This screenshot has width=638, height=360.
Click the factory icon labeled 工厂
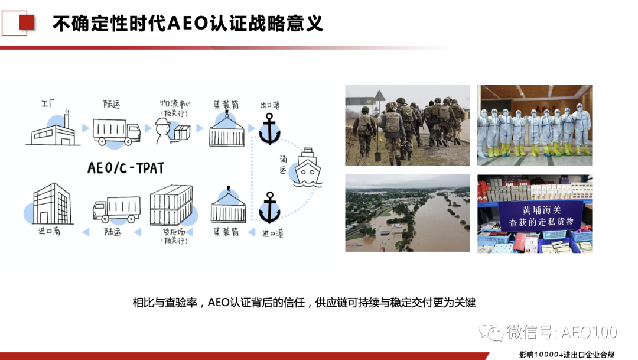point(51,129)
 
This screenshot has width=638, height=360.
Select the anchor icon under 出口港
point(270,129)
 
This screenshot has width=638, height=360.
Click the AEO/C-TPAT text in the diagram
point(125,168)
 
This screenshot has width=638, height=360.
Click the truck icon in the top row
point(116,131)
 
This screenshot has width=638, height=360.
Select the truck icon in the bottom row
point(116,209)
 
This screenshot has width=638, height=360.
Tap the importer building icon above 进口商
point(51,204)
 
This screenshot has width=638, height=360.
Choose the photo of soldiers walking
point(407,125)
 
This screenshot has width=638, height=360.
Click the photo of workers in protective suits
point(534,125)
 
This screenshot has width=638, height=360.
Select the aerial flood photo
point(407,213)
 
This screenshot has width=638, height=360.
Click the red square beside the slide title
point(27,22)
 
